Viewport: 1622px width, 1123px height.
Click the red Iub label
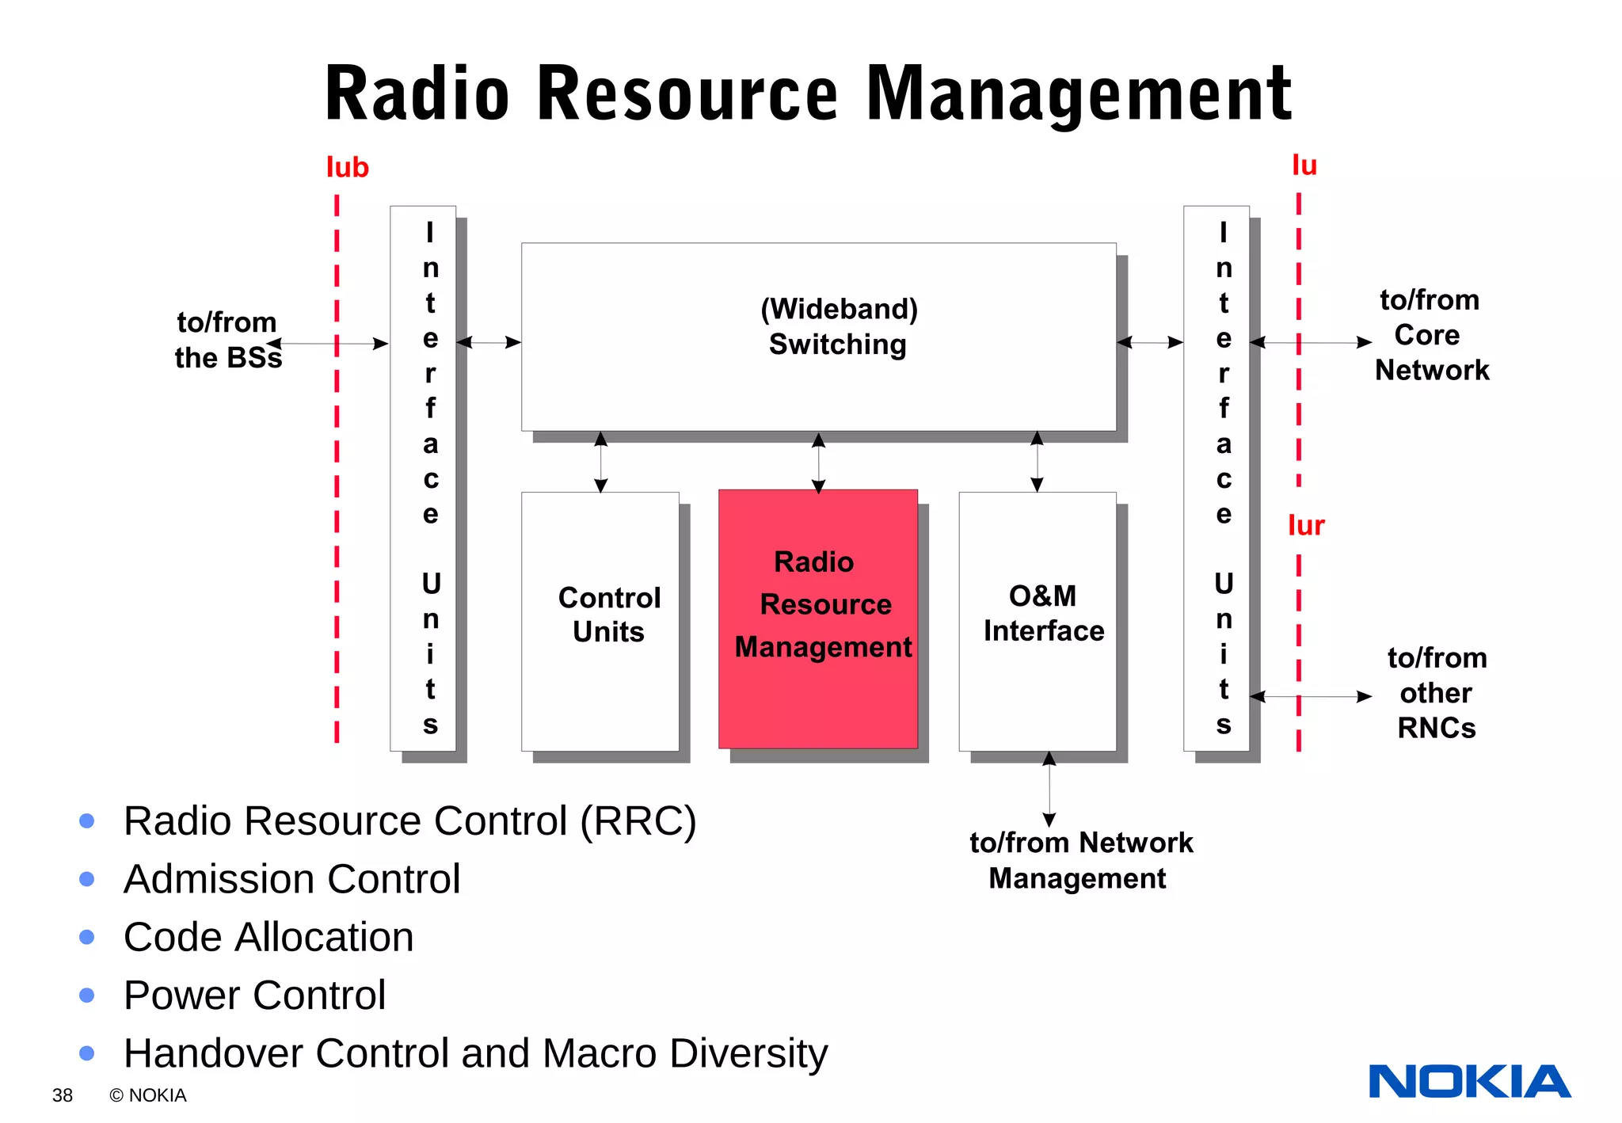(x=347, y=167)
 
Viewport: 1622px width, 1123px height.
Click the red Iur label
(x=1305, y=526)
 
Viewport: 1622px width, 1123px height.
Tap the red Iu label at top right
(x=1304, y=166)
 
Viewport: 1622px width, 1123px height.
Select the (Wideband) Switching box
(x=818, y=337)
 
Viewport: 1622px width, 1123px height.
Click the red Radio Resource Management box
(x=817, y=619)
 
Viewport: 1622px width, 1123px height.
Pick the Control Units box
(x=600, y=621)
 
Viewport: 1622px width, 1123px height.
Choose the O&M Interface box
(x=1037, y=621)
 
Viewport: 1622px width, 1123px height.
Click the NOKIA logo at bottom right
(x=1469, y=1082)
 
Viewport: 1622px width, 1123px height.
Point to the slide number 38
(x=62, y=1095)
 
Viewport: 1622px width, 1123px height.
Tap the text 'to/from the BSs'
(x=227, y=340)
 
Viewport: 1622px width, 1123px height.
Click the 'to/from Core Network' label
(x=1430, y=335)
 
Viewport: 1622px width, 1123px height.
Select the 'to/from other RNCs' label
(x=1436, y=693)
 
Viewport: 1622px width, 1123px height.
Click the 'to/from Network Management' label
(x=1079, y=860)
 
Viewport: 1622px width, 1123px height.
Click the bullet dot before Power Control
(x=87, y=995)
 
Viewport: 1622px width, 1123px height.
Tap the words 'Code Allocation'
(x=268, y=937)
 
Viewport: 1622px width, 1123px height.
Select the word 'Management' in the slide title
(x=1079, y=95)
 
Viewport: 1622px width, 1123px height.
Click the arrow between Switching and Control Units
(x=600, y=462)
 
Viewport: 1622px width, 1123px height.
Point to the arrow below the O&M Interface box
(x=1049, y=789)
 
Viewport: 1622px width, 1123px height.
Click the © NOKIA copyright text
(x=148, y=1095)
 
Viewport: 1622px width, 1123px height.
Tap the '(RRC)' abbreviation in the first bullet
(x=638, y=820)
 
